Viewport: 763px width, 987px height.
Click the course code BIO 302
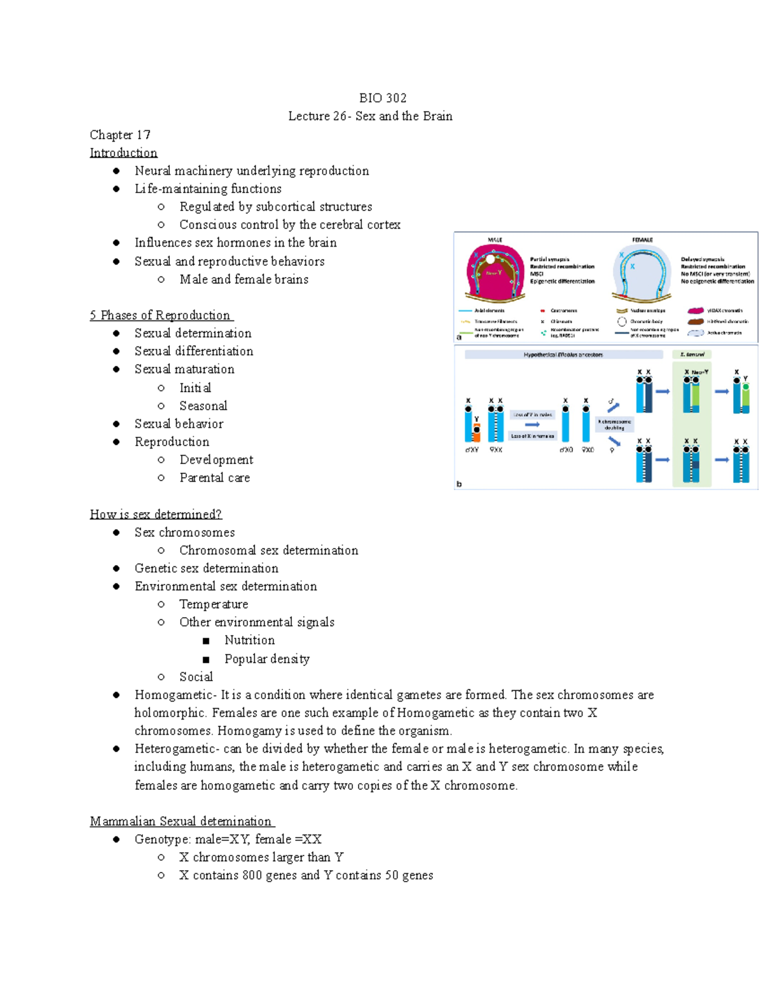coord(382,98)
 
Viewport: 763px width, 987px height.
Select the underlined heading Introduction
coord(123,153)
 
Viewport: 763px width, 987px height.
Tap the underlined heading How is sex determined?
coord(156,514)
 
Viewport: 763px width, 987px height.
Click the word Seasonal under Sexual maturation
coord(203,405)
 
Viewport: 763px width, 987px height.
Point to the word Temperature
coord(214,604)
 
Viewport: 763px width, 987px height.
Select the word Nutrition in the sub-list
coord(249,640)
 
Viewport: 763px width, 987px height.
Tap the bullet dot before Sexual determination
coord(116,333)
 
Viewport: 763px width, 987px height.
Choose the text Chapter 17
coord(120,135)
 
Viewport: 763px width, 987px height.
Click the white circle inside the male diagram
coord(490,259)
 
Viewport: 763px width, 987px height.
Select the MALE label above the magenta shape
coord(495,240)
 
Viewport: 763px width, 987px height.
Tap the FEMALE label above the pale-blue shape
coord(642,240)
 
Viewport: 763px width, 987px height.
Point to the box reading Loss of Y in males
coord(533,414)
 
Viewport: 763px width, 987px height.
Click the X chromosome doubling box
coord(614,425)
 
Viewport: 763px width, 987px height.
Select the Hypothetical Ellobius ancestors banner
coord(563,355)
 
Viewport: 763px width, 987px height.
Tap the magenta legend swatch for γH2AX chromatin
coord(696,311)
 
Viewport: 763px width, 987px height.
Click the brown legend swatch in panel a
coord(696,322)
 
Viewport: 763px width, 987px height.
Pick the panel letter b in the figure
coord(459,484)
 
